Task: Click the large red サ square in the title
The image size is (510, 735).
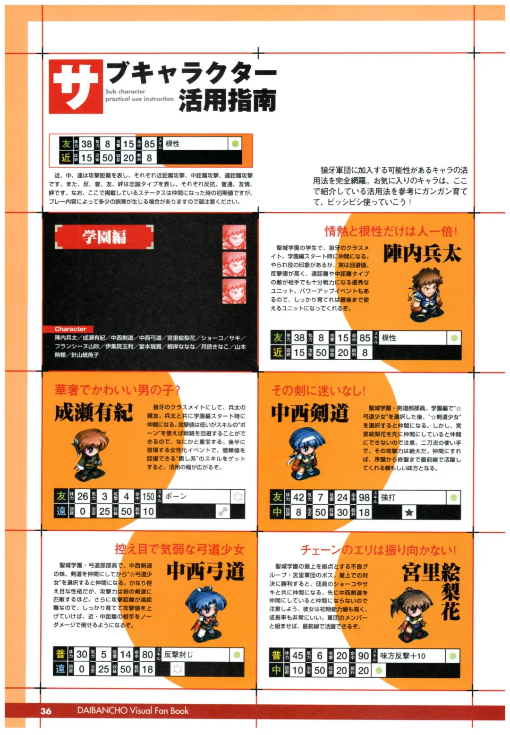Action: [76, 86]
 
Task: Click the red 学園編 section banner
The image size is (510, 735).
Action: [104, 236]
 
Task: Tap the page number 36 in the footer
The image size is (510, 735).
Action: [46, 711]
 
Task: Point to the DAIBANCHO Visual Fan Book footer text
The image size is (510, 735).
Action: [133, 710]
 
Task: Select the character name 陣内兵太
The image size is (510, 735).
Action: [422, 254]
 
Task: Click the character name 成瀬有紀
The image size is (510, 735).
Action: [93, 412]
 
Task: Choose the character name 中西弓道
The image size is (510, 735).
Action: [205, 571]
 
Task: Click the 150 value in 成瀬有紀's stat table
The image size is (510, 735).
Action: [148, 496]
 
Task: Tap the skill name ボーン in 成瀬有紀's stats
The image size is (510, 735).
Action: [176, 496]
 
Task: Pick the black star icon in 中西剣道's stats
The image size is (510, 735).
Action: [409, 512]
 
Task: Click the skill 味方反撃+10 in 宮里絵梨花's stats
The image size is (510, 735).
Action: [402, 656]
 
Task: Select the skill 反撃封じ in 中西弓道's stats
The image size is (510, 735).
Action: [178, 655]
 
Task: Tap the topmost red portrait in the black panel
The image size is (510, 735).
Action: [234, 237]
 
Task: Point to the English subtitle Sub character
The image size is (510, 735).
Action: [126, 92]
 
